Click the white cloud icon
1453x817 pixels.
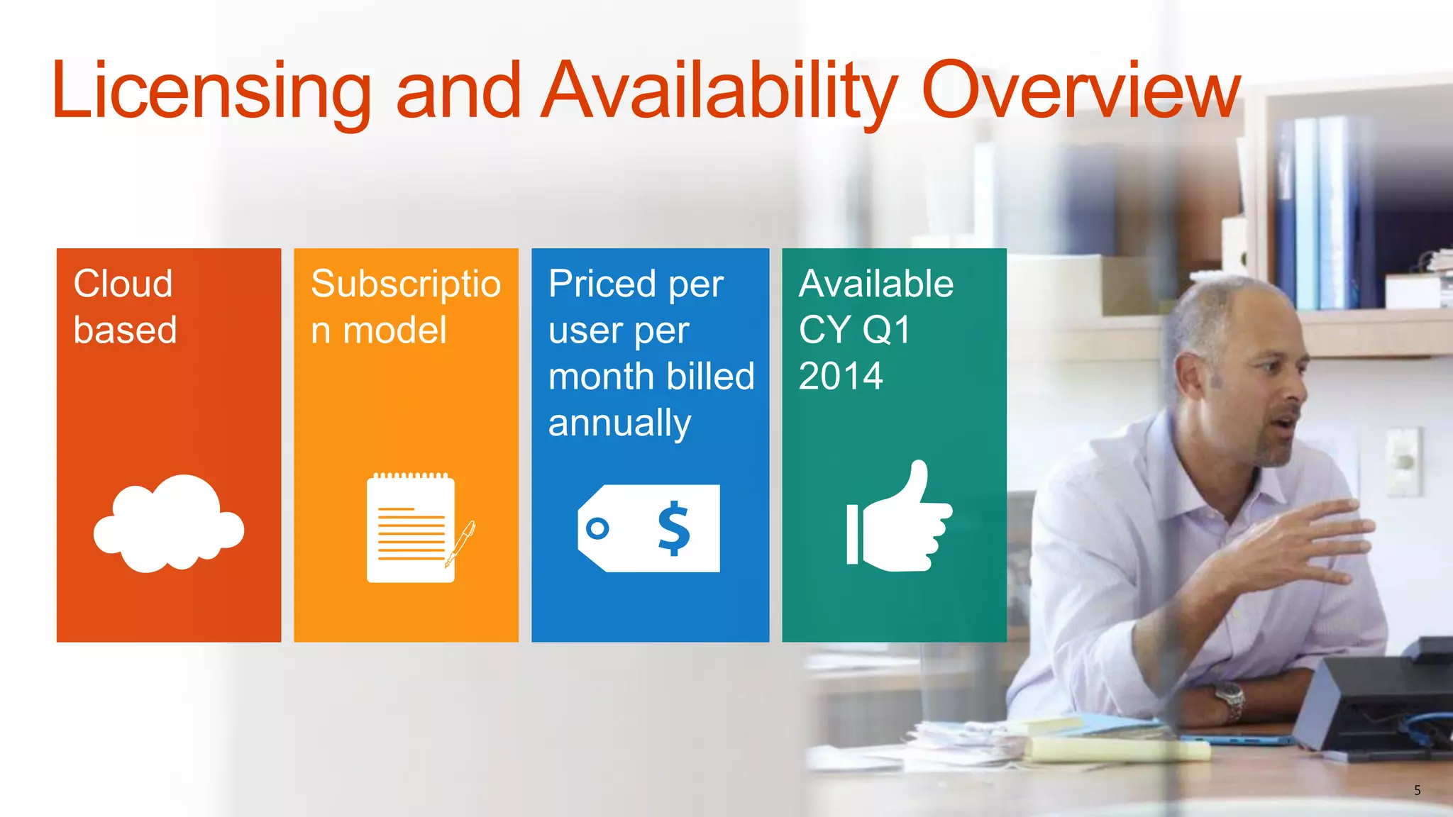(169, 525)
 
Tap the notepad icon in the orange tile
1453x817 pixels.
(410, 529)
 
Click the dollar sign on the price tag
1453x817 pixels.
(673, 528)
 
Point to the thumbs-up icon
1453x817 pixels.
(899, 518)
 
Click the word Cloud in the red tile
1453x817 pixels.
(123, 284)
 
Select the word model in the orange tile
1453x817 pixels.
(394, 330)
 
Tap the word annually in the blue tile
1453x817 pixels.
(619, 423)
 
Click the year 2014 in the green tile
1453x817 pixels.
(841, 376)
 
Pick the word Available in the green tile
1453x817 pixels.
(876, 284)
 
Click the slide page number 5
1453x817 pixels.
(1417, 790)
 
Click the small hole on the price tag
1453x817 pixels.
(597, 528)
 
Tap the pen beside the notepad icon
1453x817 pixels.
(461, 543)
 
